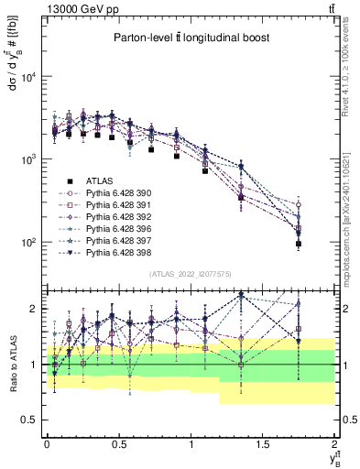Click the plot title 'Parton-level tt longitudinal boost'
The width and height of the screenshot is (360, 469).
(188, 38)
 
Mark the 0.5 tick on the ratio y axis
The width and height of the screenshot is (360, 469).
(30, 420)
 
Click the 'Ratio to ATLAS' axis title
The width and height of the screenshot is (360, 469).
(11, 364)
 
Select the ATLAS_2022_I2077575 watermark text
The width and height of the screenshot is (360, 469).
(188, 273)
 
